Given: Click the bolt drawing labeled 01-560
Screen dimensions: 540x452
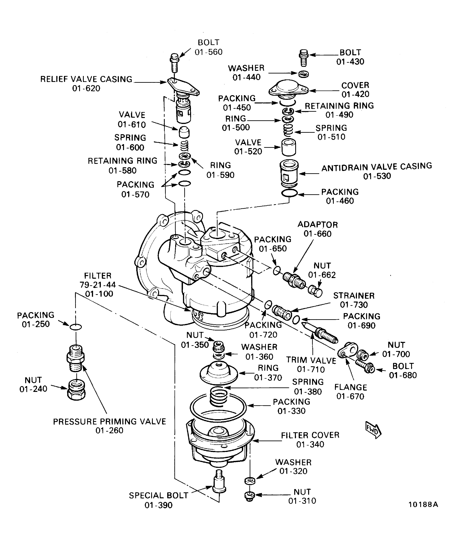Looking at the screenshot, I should pyautogui.click(x=174, y=63).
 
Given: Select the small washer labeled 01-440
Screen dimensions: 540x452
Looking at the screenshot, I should pyautogui.click(x=303, y=74).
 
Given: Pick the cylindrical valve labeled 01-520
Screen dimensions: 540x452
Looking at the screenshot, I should pyautogui.click(x=288, y=147).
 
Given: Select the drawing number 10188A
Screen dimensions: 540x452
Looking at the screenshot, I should pyautogui.click(x=423, y=505).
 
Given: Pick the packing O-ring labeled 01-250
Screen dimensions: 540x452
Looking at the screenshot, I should pyautogui.click(x=76, y=327).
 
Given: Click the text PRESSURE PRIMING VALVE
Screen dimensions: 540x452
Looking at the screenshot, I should pyautogui.click(x=109, y=422).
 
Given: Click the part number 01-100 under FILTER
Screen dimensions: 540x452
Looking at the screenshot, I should pyautogui.click(x=99, y=294).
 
